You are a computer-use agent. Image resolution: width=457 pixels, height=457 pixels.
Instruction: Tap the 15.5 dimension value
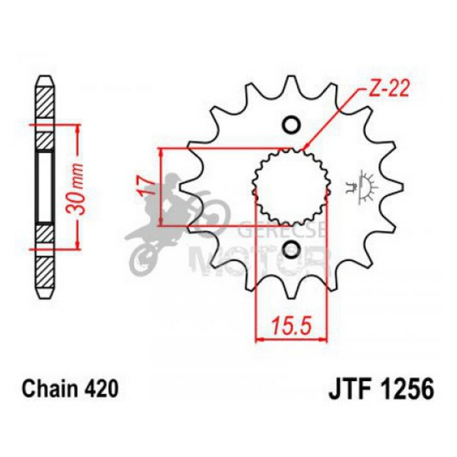(291, 326)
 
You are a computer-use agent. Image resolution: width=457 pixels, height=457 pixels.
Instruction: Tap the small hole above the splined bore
(291, 125)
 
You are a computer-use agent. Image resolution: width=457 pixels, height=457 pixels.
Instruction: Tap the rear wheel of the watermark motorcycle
(141, 258)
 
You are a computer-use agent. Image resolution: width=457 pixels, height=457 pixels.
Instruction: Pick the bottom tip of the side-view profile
(46, 296)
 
